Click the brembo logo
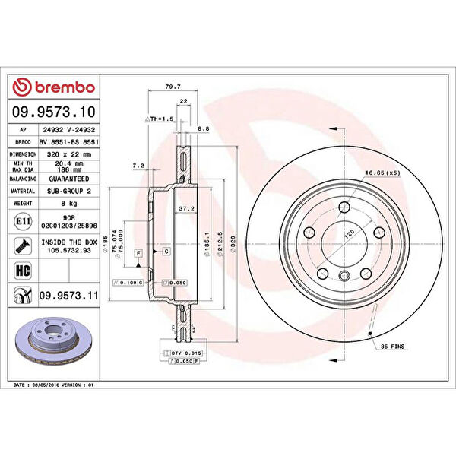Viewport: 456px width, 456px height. (x=53, y=87)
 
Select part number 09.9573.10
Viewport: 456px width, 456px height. (x=53, y=112)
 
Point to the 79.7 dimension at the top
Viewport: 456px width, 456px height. (x=172, y=86)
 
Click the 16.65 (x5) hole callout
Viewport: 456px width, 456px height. (x=383, y=173)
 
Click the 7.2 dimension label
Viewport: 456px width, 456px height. (x=138, y=165)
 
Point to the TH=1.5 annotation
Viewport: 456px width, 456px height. (x=160, y=119)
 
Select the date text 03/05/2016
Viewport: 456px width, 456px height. (x=62, y=385)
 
